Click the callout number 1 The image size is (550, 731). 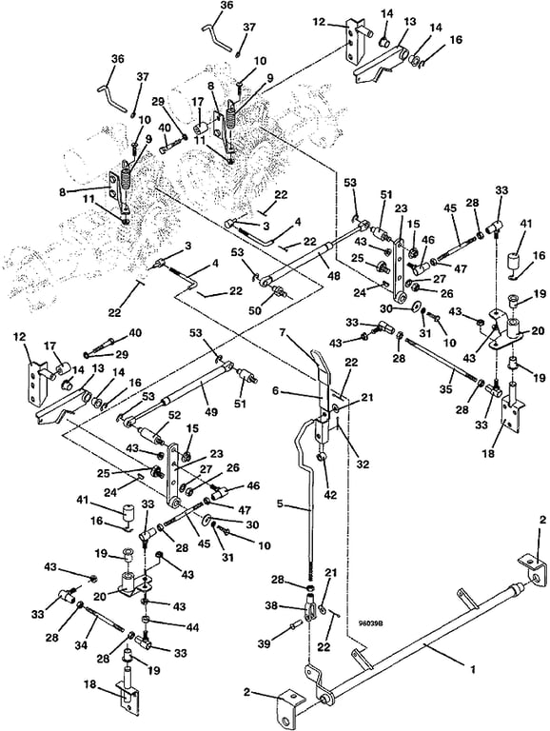pyautogui.click(x=473, y=669)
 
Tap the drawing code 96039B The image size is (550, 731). pyautogui.click(x=370, y=622)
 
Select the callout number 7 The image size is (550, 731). pyautogui.click(x=282, y=332)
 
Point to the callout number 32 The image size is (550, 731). pyautogui.click(x=363, y=464)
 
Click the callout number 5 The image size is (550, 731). pyautogui.click(x=280, y=504)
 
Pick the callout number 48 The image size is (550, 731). pyautogui.click(x=334, y=276)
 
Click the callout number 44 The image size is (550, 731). pyautogui.click(x=192, y=628)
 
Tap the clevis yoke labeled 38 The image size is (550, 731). pyautogui.click(x=311, y=607)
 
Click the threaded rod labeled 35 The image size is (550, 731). pyautogui.click(x=442, y=360)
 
